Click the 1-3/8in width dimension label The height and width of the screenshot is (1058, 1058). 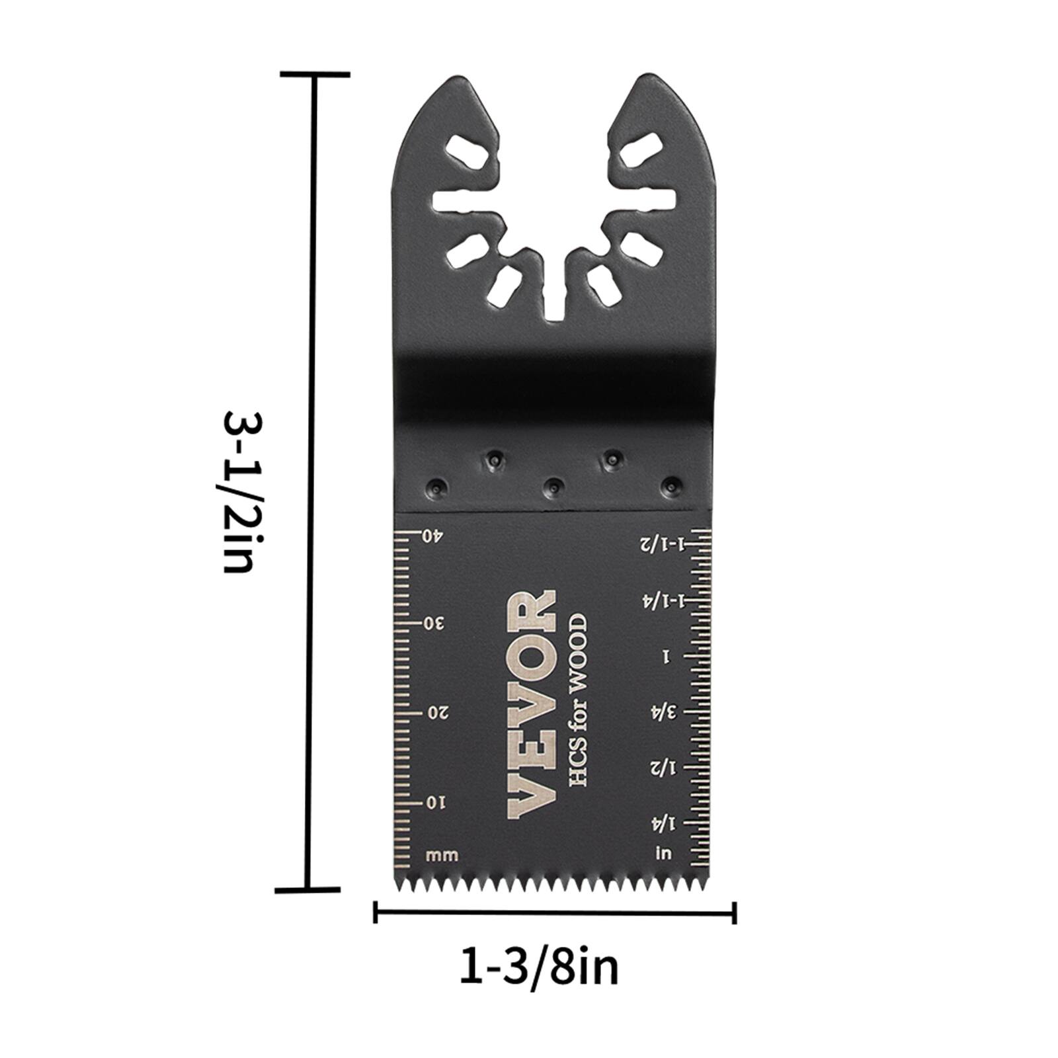(x=539, y=968)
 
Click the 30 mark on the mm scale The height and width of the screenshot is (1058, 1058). (x=433, y=624)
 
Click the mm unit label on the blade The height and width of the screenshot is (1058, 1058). (x=442, y=856)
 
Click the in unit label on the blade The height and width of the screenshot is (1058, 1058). (x=663, y=854)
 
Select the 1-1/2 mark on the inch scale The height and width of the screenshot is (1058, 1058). (x=661, y=544)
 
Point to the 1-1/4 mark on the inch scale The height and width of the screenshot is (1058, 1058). (x=661, y=600)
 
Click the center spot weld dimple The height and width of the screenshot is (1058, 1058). (x=553, y=488)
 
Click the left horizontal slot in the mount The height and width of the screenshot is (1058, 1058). (x=462, y=202)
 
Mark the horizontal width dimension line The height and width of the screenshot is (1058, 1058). (x=555, y=914)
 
